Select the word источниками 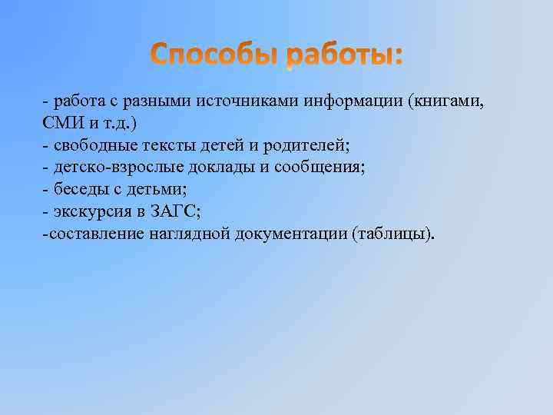coord(260,101)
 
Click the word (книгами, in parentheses coord(447,101)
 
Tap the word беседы coord(81,189)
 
